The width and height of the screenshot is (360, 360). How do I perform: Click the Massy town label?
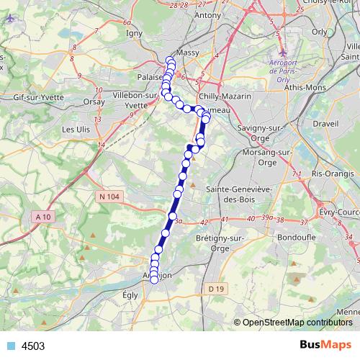[x=186, y=54]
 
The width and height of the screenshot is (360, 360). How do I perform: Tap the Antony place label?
[x=207, y=15]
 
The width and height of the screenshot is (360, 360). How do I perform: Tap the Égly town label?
[x=130, y=294]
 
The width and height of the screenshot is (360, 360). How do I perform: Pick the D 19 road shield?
[x=213, y=289]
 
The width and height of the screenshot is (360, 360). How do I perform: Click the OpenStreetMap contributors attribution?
[x=294, y=323]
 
